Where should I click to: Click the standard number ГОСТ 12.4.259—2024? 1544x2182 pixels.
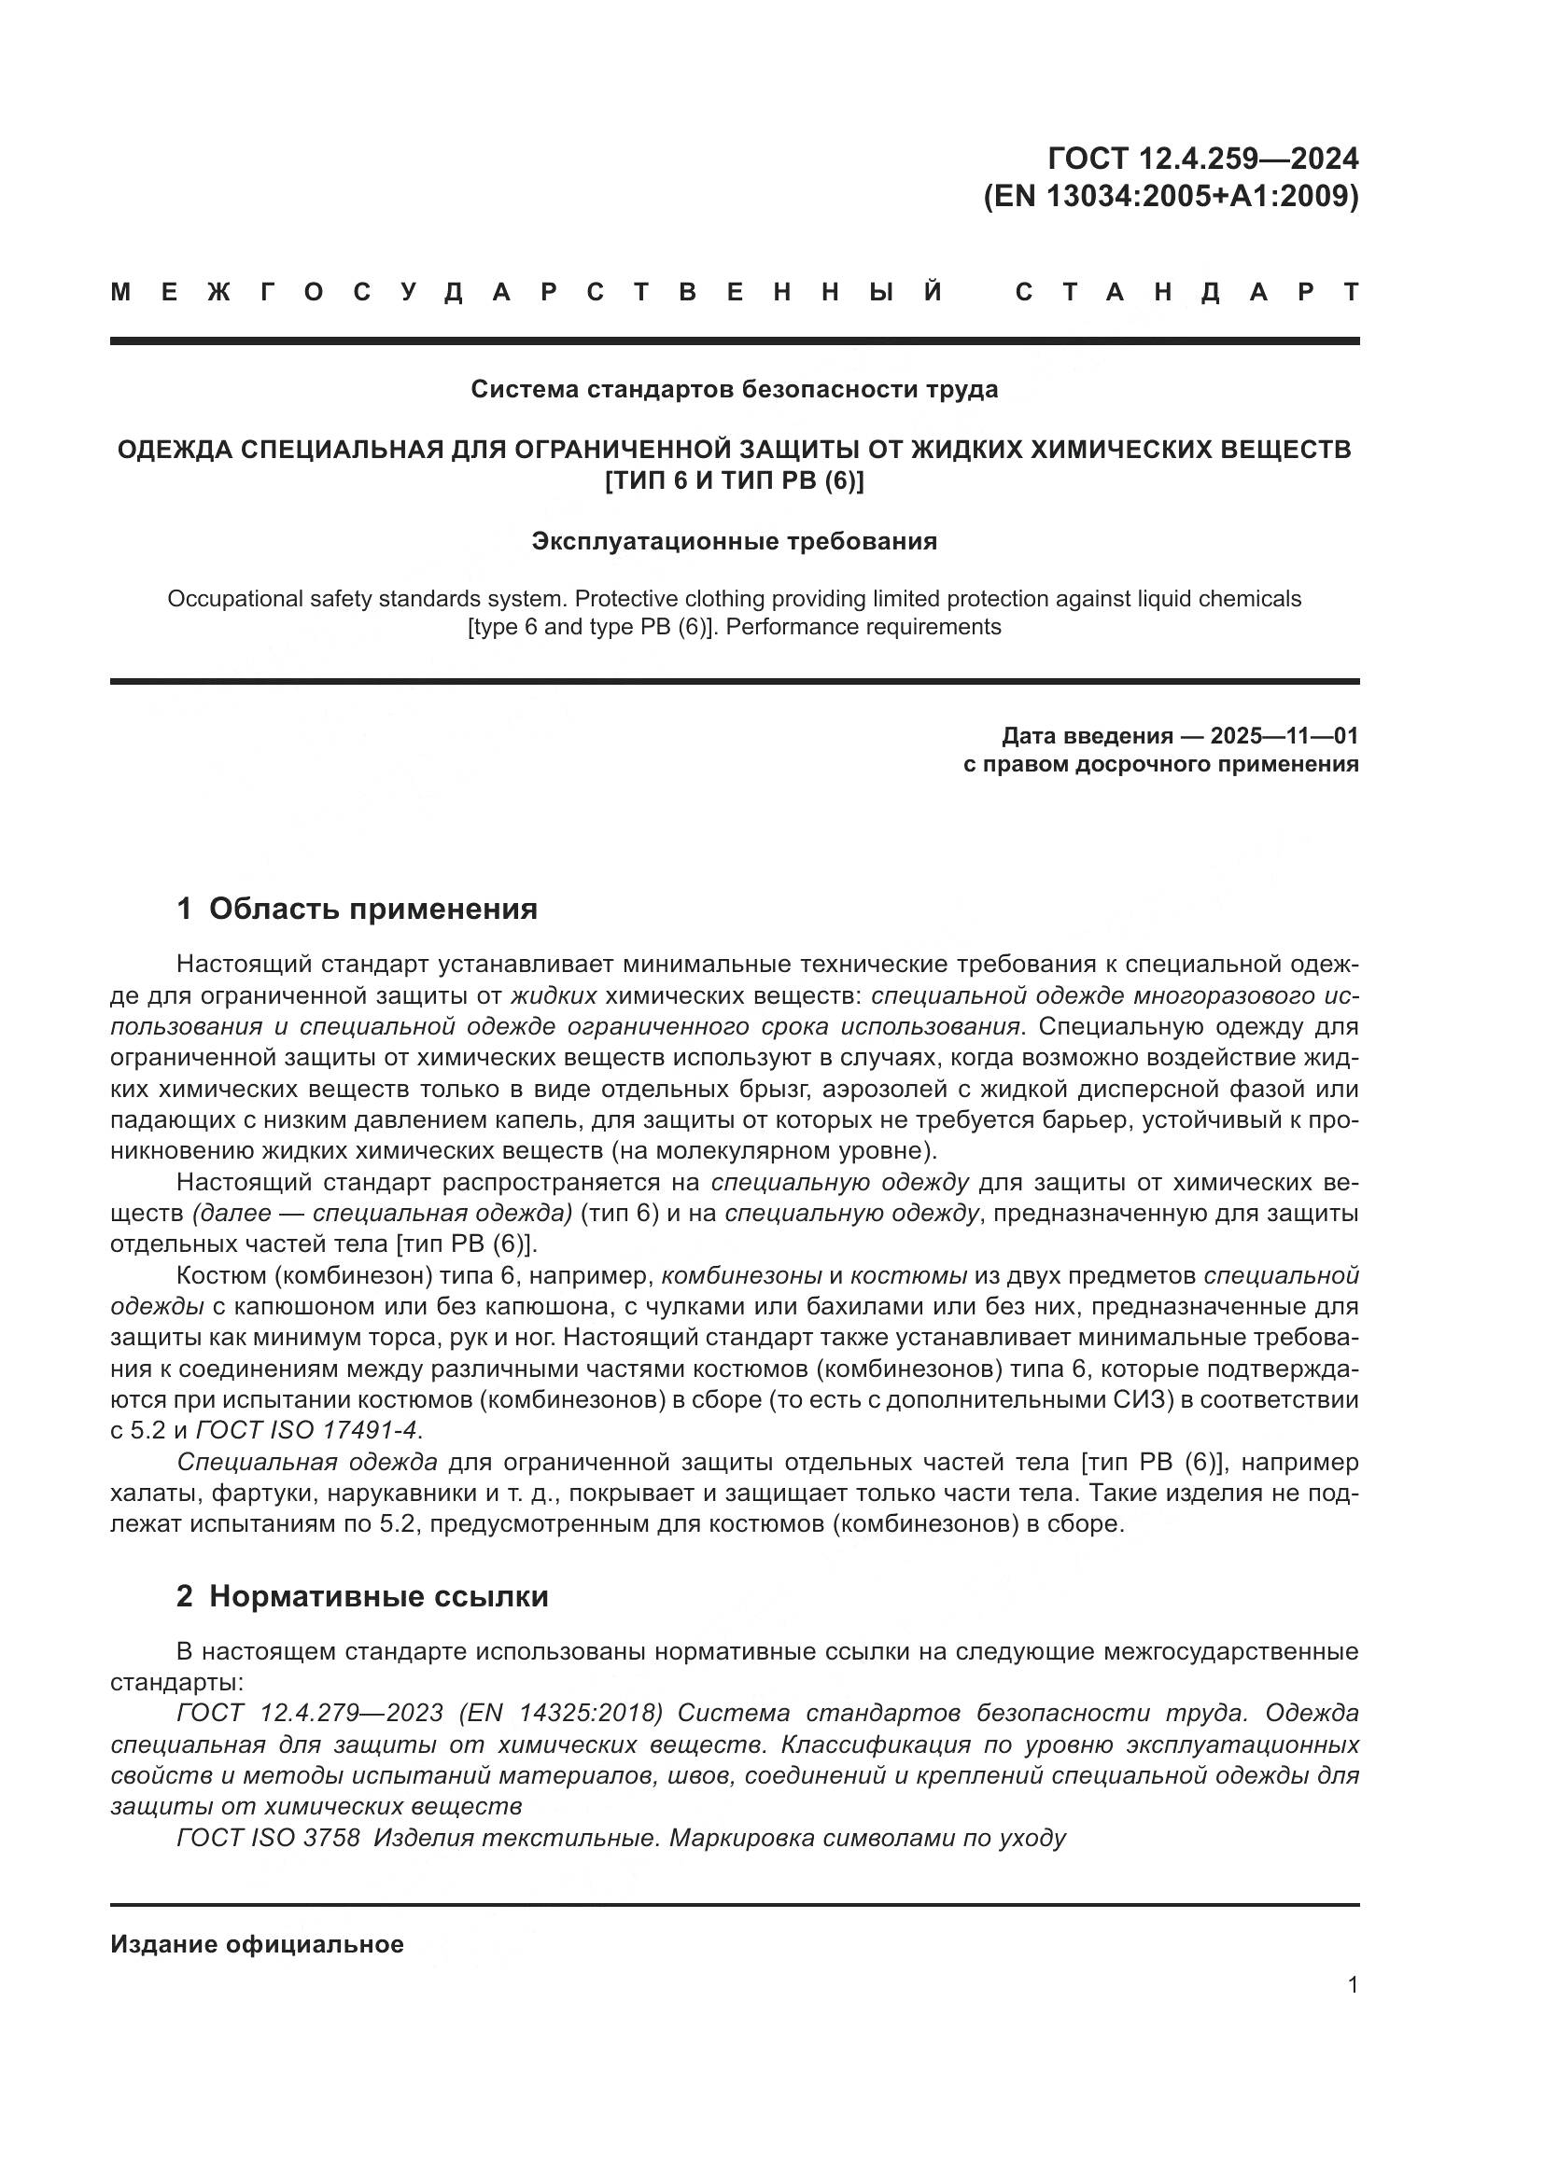[1202, 158]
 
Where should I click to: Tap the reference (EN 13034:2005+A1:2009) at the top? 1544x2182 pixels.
[1171, 196]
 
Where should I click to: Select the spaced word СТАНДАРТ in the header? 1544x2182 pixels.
[1186, 292]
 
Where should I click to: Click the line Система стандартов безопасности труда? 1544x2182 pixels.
[734, 389]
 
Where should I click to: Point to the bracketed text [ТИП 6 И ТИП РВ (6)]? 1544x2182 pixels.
[734, 480]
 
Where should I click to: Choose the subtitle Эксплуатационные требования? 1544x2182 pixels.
[734, 541]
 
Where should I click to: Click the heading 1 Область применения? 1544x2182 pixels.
[357, 909]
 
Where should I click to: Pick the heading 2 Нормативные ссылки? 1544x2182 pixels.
[362, 1595]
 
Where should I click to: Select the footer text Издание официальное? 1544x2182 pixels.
[257, 1943]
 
